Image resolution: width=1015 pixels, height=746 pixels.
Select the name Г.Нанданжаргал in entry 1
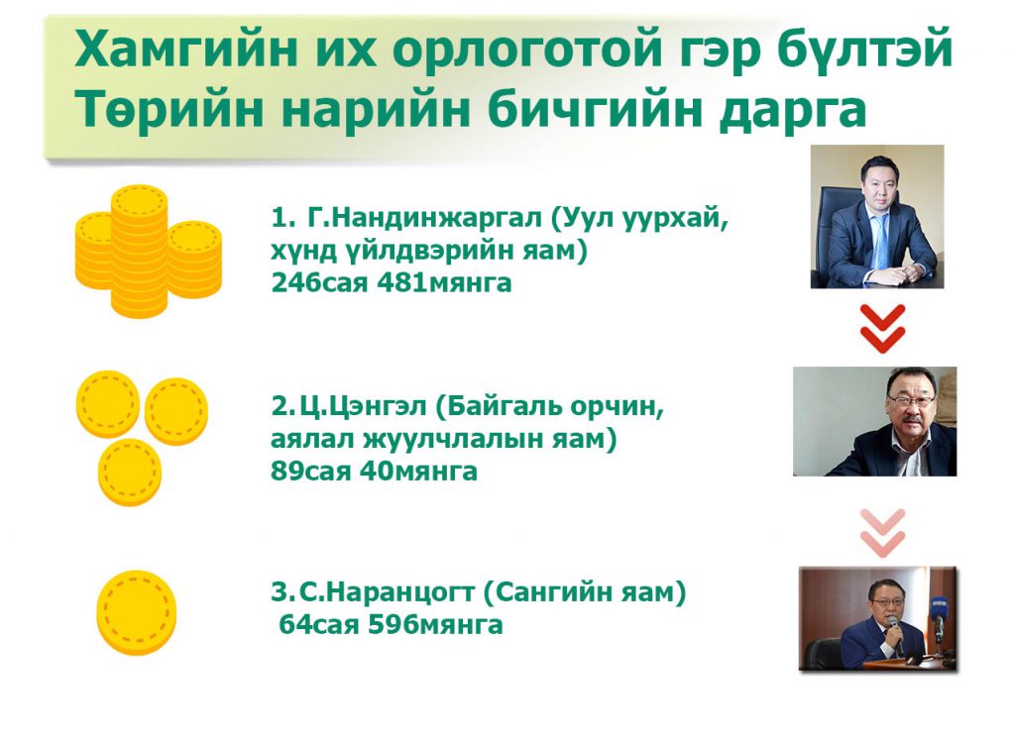(x=424, y=218)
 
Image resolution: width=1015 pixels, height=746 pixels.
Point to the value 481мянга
(x=444, y=282)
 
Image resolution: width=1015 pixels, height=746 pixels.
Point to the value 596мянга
(x=435, y=625)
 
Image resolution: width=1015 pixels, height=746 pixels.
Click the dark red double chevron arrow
(x=882, y=329)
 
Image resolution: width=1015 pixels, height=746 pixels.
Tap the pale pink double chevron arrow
(x=882, y=532)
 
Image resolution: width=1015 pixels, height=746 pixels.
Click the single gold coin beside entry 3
(x=136, y=612)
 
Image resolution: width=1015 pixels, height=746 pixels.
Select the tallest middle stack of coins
(x=139, y=252)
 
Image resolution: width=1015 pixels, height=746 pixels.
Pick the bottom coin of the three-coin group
(x=130, y=472)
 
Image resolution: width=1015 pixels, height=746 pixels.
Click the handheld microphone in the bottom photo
(x=895, y=627)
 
